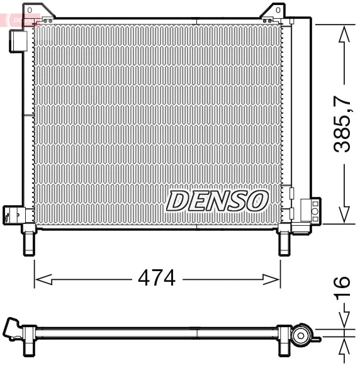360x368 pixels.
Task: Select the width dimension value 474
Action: [156, 278]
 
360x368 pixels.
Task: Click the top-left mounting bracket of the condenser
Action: [30, 14]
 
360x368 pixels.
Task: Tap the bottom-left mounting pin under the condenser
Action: [29, 241]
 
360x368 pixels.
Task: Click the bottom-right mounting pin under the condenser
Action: [284, 241]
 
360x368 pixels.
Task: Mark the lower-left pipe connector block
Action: [12, 215]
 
